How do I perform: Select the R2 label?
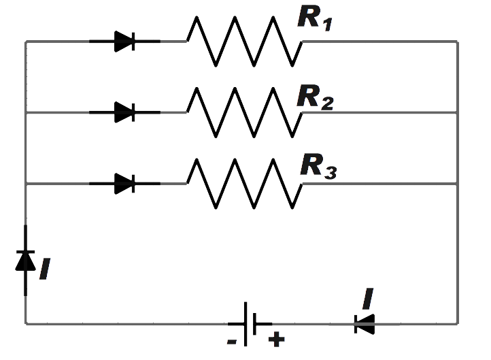coord(315,98)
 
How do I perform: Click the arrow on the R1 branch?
coord(125,42)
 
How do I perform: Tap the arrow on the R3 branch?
coord(125,183)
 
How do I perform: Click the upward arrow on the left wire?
coord(26,259)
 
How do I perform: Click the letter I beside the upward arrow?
coord(46,269)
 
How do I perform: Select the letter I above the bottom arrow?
coord(368,299)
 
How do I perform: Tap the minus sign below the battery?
coord(232,342)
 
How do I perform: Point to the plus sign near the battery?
coord(277,338)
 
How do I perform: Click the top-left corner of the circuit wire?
coord(26,42)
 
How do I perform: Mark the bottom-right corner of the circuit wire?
coord(457,324)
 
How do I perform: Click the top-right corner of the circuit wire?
coord(457,42)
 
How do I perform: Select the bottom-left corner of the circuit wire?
coord(26,324)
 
